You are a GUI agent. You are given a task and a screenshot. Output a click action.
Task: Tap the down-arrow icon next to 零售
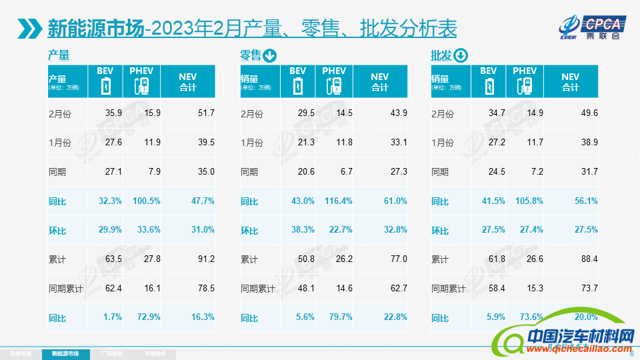[270, 56]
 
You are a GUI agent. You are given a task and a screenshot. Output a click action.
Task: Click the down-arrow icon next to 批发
[461, 56]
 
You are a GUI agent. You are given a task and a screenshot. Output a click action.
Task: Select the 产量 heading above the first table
[59, 55]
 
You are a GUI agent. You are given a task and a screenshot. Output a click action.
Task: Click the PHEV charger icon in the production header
[141, 86]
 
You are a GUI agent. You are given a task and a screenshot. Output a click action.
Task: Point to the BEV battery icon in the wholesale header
[489, 86]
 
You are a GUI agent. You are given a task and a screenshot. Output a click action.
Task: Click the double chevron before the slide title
[31, 29]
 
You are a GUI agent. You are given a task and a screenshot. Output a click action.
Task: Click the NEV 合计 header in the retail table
[379, 82]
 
